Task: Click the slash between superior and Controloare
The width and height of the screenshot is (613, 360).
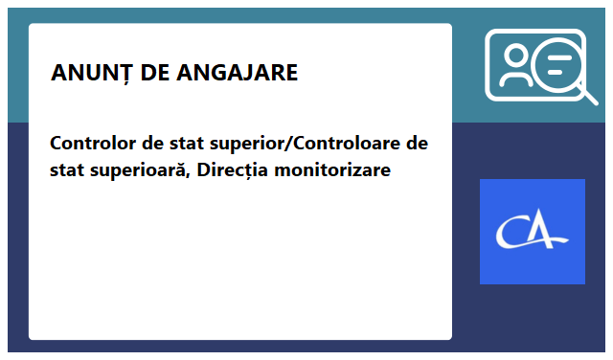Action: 287,145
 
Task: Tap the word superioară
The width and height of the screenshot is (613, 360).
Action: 132,171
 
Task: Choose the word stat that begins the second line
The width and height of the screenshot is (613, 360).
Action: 67,171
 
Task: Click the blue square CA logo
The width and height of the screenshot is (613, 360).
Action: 532,232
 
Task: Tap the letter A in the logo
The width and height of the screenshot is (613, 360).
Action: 549,233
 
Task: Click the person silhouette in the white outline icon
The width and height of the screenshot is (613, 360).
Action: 514,66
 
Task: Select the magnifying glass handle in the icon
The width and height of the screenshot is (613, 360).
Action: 585,93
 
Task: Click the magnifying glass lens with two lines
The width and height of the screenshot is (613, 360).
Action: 556,66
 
